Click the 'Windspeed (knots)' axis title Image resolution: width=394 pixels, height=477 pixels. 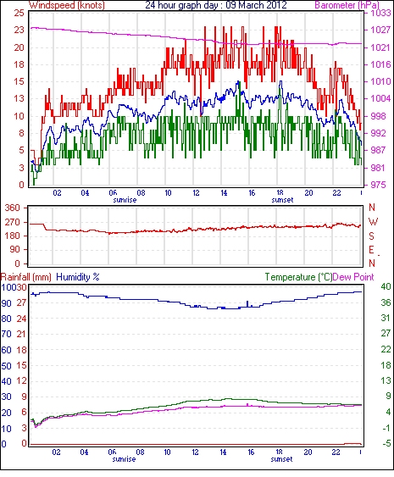(x=67, y=5)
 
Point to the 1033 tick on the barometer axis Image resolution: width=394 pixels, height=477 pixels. (x=380, y=13)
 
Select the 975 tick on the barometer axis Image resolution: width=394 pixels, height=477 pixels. (x=379, y=185)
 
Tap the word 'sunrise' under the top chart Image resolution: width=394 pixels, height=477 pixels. (x=125, y=200)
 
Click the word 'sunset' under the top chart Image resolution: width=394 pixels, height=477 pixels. (x=283, y=200)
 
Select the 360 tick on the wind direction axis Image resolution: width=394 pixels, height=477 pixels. (x=13, y=208)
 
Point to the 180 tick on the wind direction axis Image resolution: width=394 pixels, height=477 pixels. (x=13, y=236)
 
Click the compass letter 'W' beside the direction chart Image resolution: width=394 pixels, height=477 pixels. (x=373, y=222)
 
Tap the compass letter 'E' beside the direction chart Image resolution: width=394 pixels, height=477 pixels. (x=371, y=250)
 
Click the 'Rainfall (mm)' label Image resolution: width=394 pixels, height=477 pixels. (x=26, y=277)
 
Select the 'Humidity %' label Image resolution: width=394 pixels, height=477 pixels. (x=78, y=277)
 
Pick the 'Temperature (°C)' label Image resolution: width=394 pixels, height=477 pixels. (x=298, y=277)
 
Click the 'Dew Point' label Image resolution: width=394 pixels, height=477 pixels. (x=353, y=277)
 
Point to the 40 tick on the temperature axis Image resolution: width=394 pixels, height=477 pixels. (x=386, y=286)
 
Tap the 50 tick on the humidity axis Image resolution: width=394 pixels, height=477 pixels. (x=7, y=366)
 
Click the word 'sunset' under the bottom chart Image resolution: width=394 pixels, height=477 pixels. (x=282, y=459)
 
